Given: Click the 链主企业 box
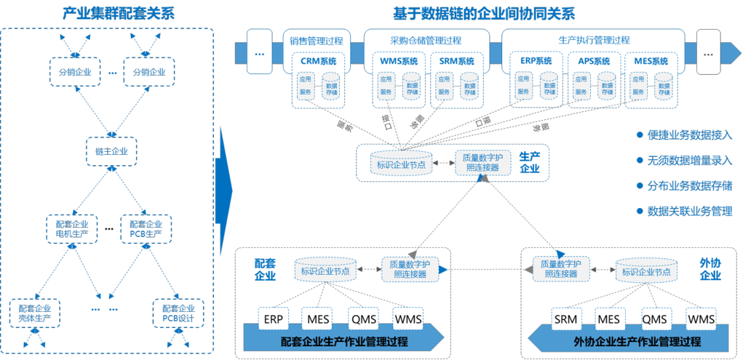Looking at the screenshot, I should pyautogui.click(x=111, y=151).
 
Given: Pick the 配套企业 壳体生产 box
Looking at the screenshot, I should pyautogui.click(x=36, y=313).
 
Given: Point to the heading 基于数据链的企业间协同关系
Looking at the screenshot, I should pyautogui.click(x=483, y=13).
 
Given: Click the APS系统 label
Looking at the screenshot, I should pyautogui.click(x=594, y=62).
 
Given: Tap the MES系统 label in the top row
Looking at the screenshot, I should pyautogui.click(x=651, y=62).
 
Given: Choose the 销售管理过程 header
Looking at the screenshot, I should pyautogui.click(x=316, y=41).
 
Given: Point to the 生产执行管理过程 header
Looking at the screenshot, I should pyautogui.click(x=594, y=41).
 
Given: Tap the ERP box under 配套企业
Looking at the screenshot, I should pyautogui.click(x=274, y=319).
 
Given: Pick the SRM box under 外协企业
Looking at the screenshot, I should pyautogui.click(x=565, y=319).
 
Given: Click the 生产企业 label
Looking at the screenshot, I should pyautogui.click(x=529, y=162).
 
